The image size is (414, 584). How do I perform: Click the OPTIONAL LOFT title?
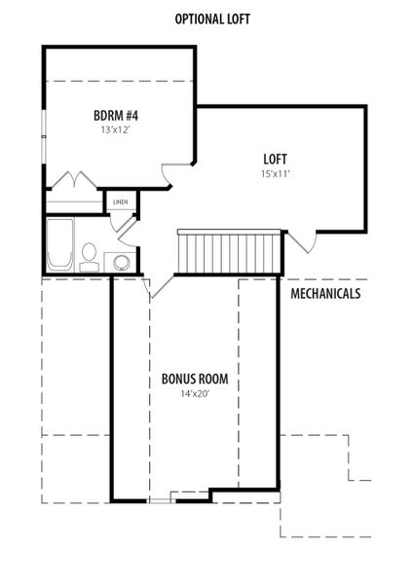(x=212, y=18)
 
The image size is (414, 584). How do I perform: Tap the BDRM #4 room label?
(x=116, y=116)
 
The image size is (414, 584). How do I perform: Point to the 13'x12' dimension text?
(x=117, y=130)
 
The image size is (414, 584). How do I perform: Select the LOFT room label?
(x=275, y=159)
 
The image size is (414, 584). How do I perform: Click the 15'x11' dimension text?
(x=276, y=173)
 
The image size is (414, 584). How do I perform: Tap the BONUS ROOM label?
(x=195, y=379)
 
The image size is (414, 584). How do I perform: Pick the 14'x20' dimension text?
(x=195, y=393)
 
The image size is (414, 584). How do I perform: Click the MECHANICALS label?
(x=325, y=294)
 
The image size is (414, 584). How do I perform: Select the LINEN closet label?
(x=121, y=201)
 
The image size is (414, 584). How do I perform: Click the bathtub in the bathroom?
(x=59, y=244)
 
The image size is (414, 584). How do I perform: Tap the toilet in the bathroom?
(x=89, y=257)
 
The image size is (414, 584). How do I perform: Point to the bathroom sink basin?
(x=121, y=262)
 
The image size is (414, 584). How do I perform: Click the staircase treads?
(x=229, y=251)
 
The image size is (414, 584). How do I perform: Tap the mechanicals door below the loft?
(x=303, y=242)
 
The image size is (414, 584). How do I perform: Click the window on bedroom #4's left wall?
(x=44, y=136)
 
